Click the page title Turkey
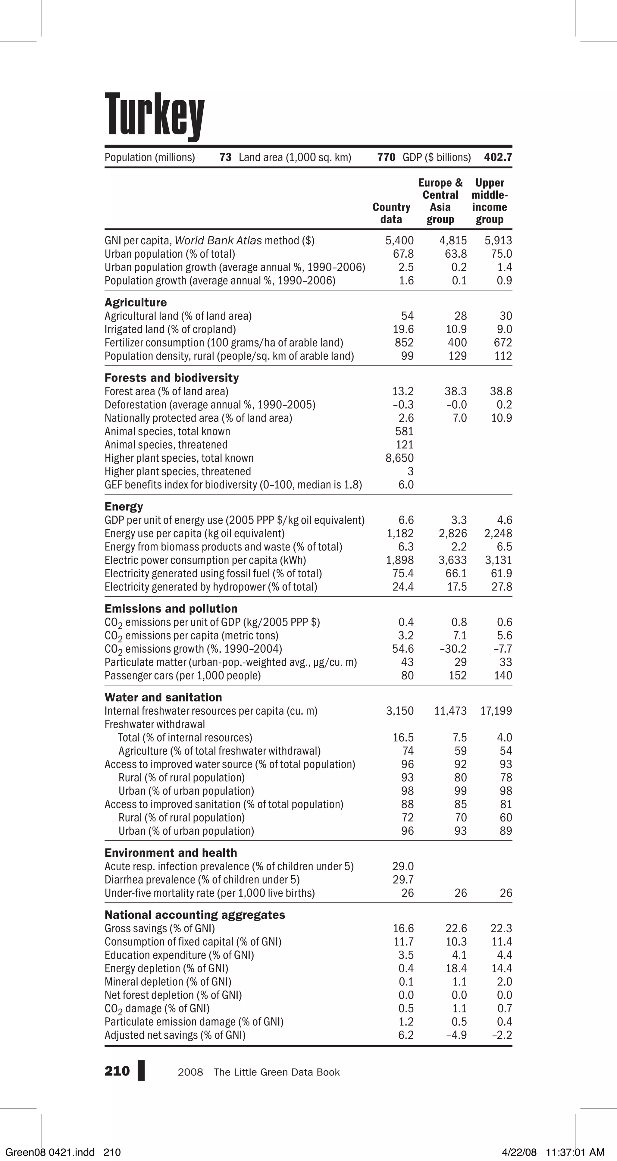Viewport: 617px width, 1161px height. pyautogui.click(x=154, y=115)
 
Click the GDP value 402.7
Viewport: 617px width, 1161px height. pyautogui.click(x=498, y=157)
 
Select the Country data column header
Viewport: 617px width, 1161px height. pyautogui.click(x=391, y=213)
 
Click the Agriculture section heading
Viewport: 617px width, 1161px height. pyautogui.click(x=136, y=303)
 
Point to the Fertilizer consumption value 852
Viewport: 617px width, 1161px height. pyautogui.click(x=404, y=343)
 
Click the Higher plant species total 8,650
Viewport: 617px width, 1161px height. pyautogui.click(x=400, y=458)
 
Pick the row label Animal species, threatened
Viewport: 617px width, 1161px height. pyautogui.click(x=166, y=445)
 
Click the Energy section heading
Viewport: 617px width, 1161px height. pyautogui.click(x=124, y=507)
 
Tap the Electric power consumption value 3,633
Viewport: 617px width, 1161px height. pyautogui.click(x=453, y=560)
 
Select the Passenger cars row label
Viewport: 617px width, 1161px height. pyautogui.click(x=183, y=676)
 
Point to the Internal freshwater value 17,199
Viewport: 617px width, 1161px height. pyautogui.click(x=496, y=711)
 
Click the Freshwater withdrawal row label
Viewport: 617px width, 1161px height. pyautogui.click(x=155, y=724)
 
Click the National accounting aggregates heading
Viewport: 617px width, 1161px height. pyautogui.click(x=195, y=915)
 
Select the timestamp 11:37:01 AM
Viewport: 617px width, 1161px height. pyautogui.click(x=575, y=1153)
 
